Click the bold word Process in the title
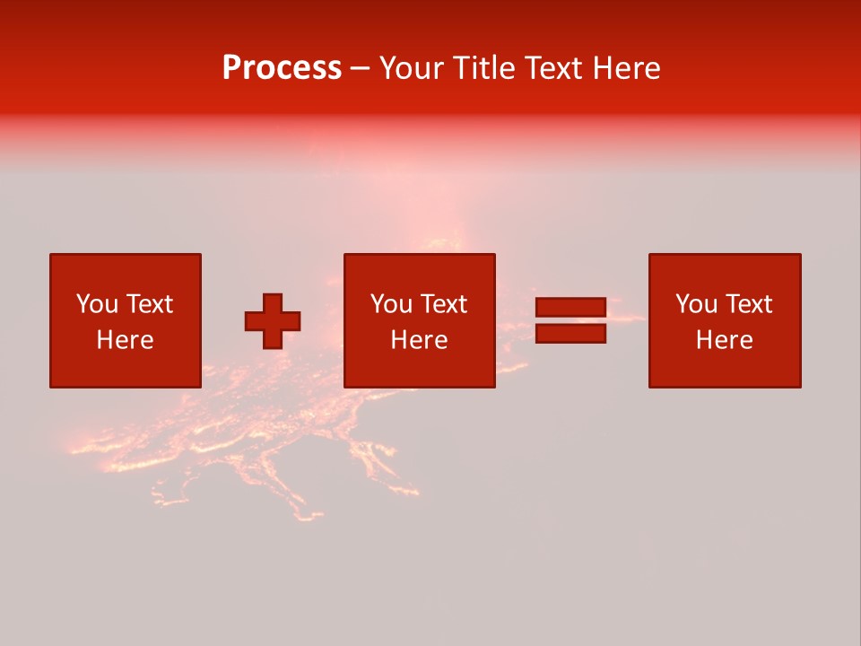282,68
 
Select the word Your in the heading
413,68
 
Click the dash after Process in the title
360,69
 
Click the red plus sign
273,321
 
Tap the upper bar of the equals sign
570,308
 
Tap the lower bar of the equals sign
570,334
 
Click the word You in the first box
97,304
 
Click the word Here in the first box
125,340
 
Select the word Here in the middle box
419,340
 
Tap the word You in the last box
696,304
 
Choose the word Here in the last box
724,340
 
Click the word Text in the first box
150,304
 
